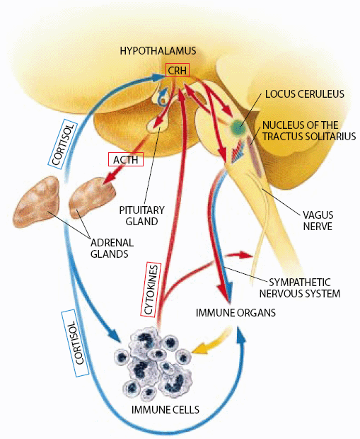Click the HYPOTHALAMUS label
pyautogui.click(x=158, y=51)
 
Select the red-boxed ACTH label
pyautogui.click(x=125, y=159)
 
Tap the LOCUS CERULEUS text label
pyautogui.click(x=304, y=93)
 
